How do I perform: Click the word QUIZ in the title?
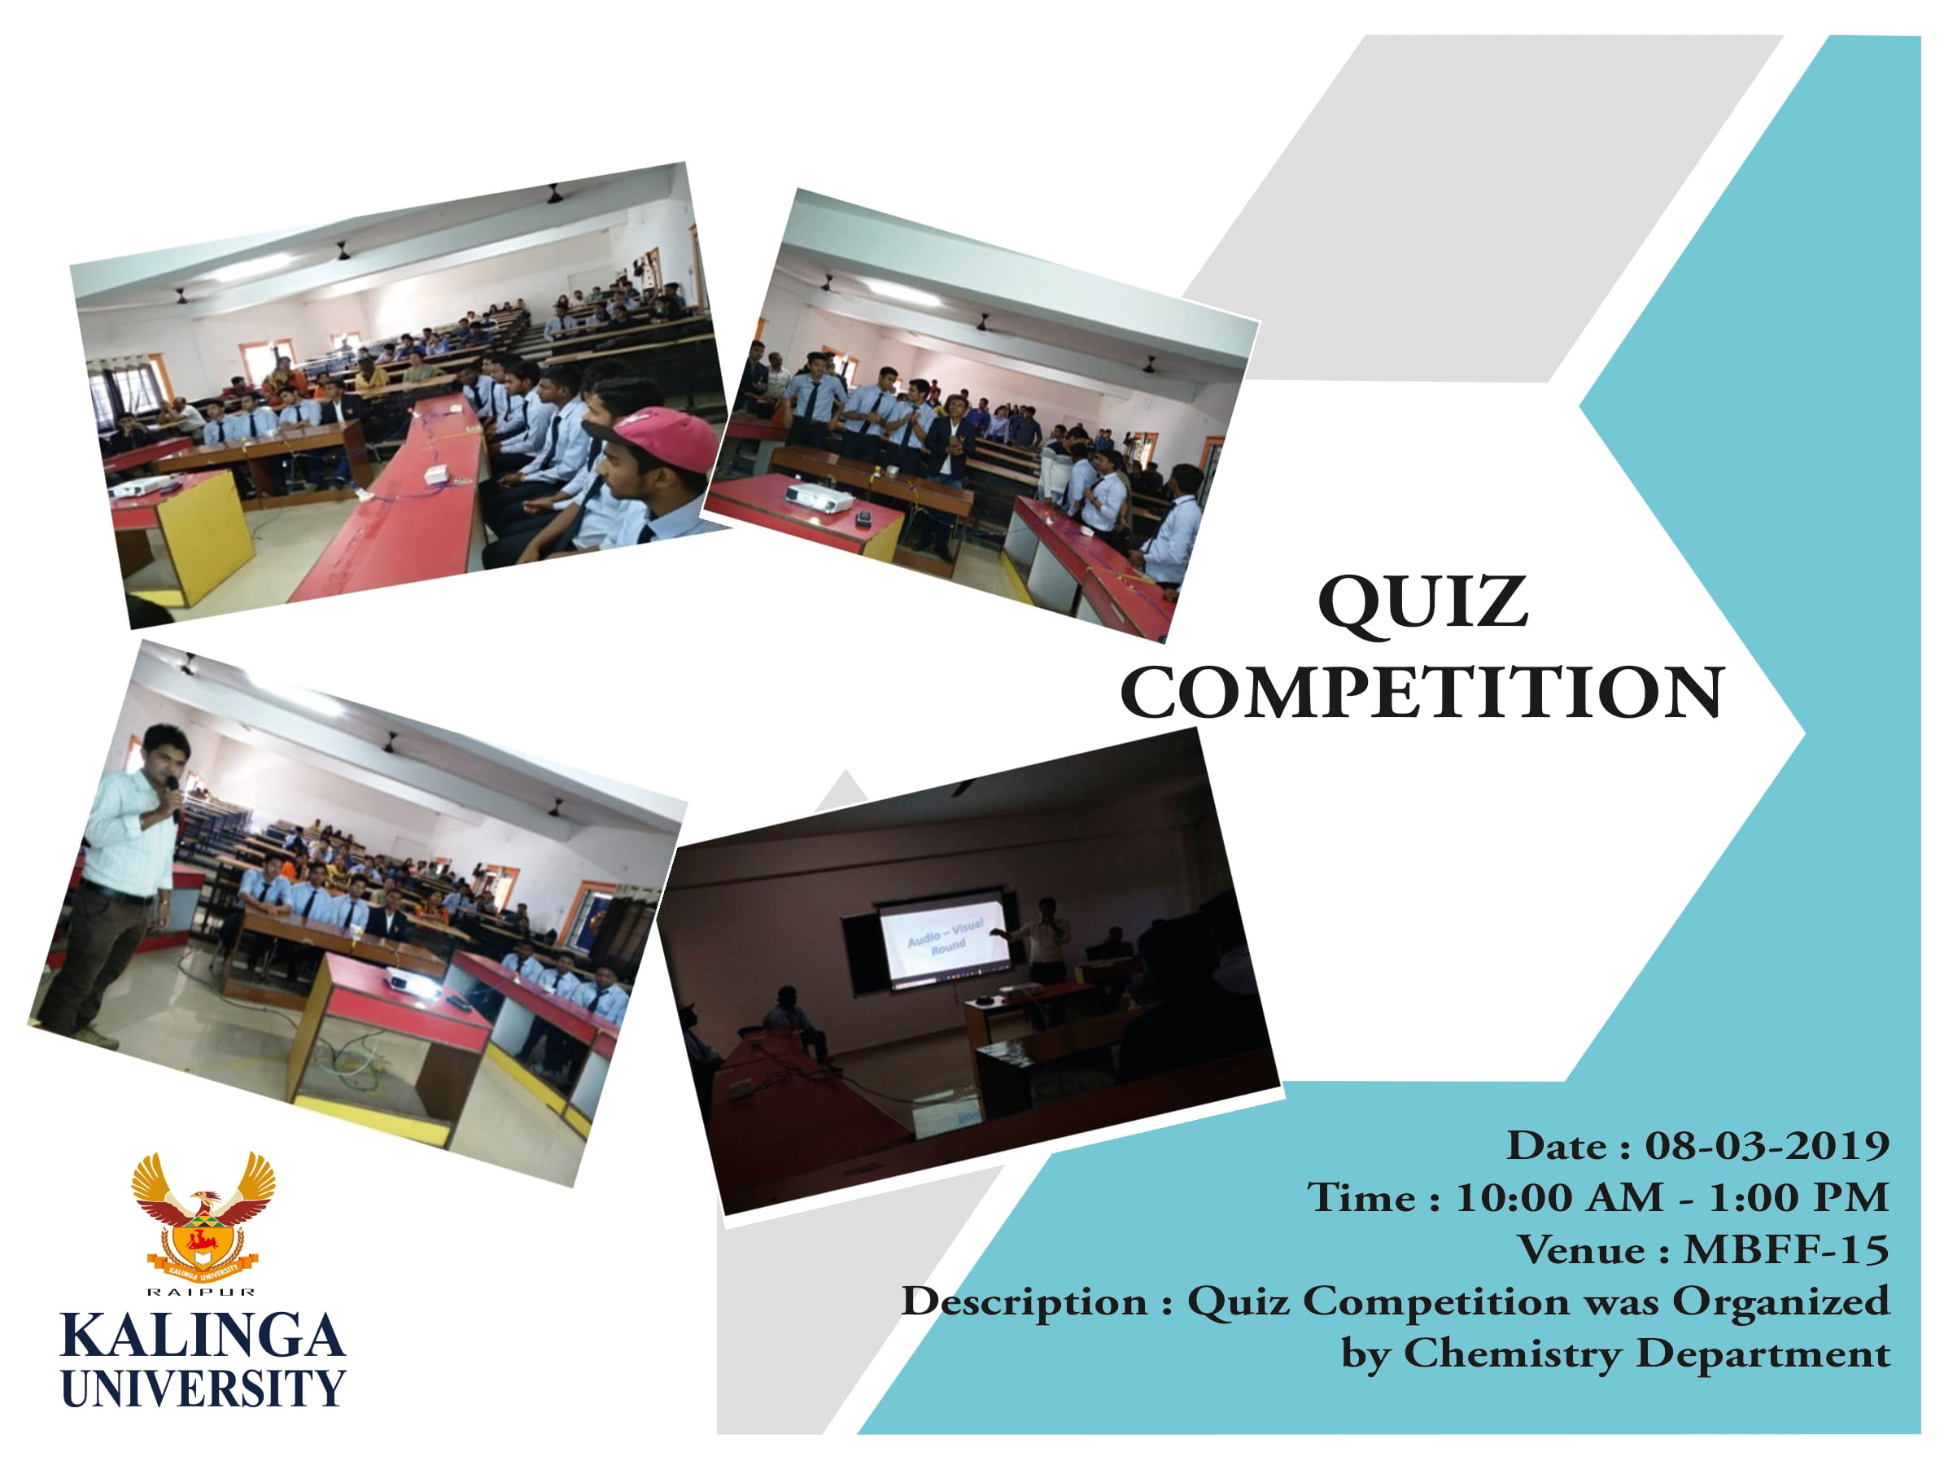tap(1422, 603)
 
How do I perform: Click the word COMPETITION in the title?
tap(1422, 693)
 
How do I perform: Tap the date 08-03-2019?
tap(1767, 1146)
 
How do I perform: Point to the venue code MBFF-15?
tap(1786, 1249)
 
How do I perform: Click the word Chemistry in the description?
tap(1514, 1353)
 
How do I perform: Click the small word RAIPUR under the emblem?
tap(202, 1292)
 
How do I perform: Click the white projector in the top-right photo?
tap(818, 497)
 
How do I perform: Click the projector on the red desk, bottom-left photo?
tap(412, 980)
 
